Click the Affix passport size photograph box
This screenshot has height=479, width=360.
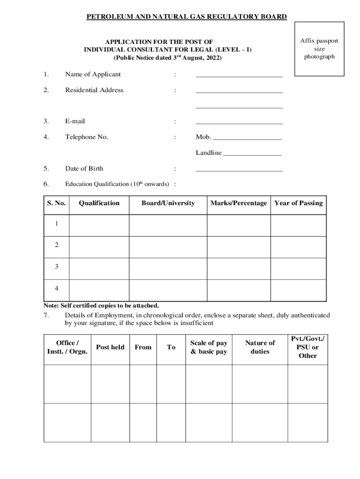pyautogui.click(x=319, y=49)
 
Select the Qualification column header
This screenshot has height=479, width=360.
pyautogui.click(x=99, y=203)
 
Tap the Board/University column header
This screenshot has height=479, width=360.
pyautogui.click(x=168, y=203)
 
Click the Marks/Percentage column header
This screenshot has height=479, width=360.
pyautogui.click(x=238, y=203)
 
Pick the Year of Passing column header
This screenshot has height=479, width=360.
pyautogui.click(x=298, y=203)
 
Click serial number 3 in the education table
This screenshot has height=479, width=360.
pyautogui.click(x=57, y=267)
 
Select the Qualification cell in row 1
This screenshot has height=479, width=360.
pyautogui.click(x=99, y=225)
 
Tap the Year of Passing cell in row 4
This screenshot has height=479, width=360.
pyautogui.click(x=298, y=290)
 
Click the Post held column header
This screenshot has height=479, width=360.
pyautogui.click(x=110, y=347)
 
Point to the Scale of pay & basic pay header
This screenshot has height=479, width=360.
pyautogui.click(x=209, y=347)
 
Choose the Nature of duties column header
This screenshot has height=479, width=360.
pyautogui.click(x=260, y=347)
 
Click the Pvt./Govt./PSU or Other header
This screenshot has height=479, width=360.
pyautogui.click(x=307, y=347)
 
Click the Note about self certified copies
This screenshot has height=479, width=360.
pyautogui.click(x=101, y=305)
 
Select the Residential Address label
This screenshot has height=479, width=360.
pyautogui.click(x=94, y=90)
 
